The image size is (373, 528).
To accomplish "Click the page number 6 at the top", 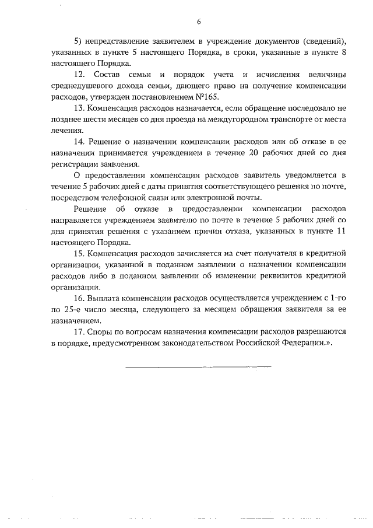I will point(198,22).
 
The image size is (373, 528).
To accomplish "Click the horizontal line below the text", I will point(198,366).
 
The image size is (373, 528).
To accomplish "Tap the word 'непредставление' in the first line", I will point(116,42).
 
